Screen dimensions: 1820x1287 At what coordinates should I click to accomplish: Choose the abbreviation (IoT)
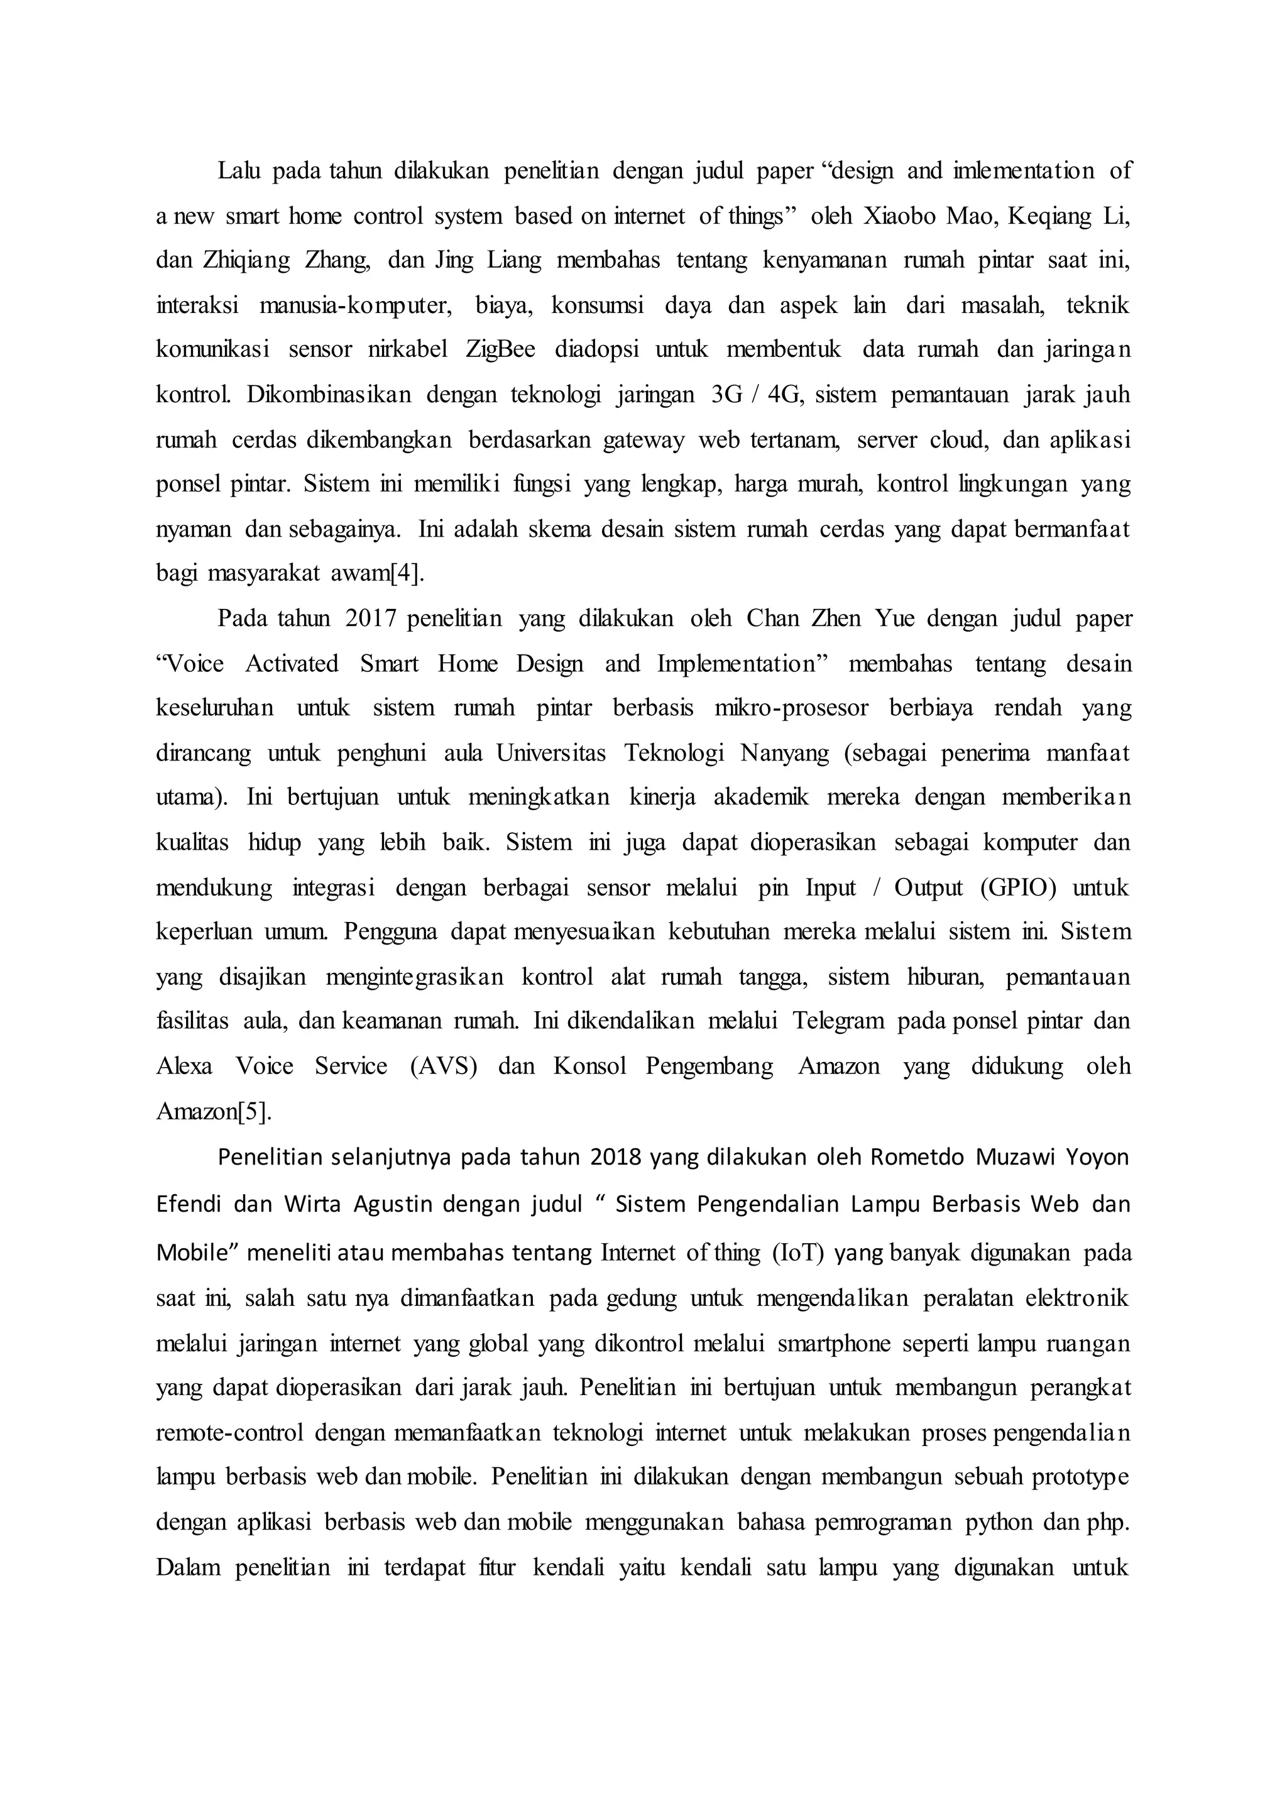793,1253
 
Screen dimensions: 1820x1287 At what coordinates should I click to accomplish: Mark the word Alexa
185,1066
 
